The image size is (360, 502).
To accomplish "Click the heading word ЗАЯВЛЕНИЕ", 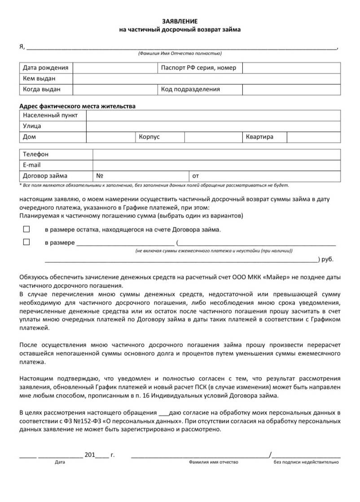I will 180,22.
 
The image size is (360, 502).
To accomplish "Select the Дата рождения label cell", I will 45,68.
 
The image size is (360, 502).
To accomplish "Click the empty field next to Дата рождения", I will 114,68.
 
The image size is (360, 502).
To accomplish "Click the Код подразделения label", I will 190,89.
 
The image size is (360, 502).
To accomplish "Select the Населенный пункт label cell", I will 50,115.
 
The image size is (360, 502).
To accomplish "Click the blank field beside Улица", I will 213,126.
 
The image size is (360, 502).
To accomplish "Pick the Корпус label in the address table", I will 149,137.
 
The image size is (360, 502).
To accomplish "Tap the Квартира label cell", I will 259,137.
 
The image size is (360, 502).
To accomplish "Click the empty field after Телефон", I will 216,154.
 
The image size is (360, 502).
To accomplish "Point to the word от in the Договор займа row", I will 196,176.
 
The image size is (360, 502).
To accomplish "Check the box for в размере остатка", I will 26,229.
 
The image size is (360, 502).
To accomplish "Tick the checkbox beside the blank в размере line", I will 26,242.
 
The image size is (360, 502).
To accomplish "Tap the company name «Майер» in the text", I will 273,278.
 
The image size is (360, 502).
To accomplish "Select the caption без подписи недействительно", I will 307,462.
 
